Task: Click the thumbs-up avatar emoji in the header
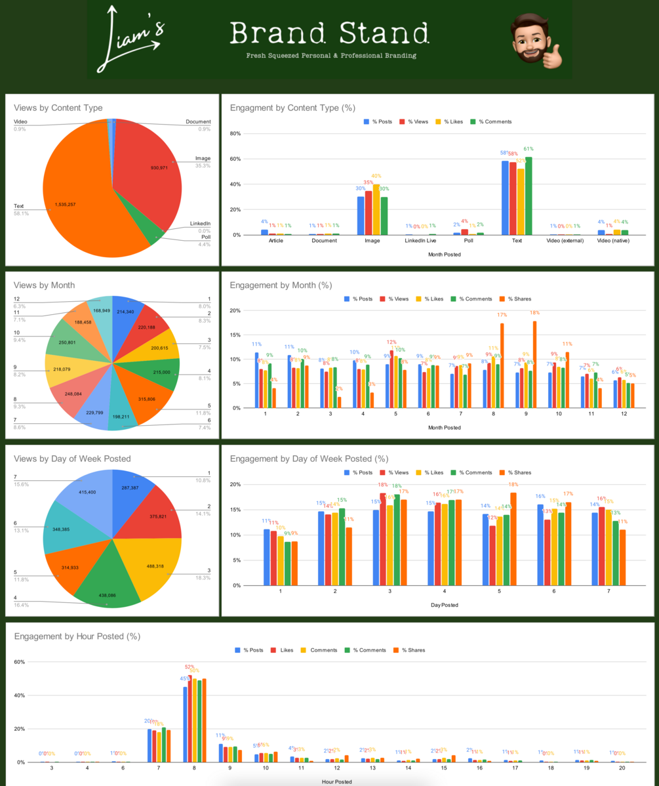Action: [x=535, y=40]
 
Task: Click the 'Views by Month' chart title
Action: [x=45, y=285]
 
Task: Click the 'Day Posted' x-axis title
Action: [x=445, y=604]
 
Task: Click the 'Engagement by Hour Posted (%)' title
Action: [x=77, y=636]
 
